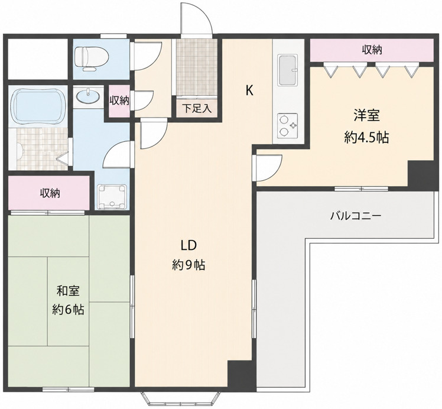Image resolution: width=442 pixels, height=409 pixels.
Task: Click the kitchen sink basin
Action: pos(288,70)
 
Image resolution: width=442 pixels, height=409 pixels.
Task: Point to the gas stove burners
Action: pos(288,126)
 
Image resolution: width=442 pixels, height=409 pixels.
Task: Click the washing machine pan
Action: pos(112,197)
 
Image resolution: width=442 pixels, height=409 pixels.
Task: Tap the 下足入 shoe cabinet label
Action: pos(197,108)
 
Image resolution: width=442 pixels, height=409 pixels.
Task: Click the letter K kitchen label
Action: pos(249,91)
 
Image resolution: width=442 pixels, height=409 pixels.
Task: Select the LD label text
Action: pos(188,246)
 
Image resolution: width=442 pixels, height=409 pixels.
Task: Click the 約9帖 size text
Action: pos(188,265)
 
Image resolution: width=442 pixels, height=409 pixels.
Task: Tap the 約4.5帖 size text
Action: pos(366,138)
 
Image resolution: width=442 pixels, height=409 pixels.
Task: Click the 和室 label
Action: pos(68,291)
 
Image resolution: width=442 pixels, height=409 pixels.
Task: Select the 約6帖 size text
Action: pos(68,310)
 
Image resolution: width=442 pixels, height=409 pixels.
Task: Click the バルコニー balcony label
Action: pos(356,216)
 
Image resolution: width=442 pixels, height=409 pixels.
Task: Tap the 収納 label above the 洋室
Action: pos(372,50)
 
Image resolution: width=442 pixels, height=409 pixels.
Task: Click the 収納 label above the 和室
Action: pos(50,193)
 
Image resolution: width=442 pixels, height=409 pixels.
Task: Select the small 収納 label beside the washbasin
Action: pos(119,100)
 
